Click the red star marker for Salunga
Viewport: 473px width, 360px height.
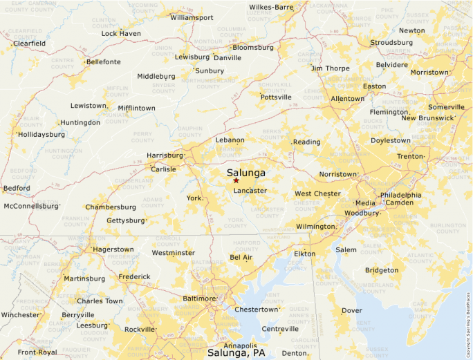pyautogui.click(x=236, y=180)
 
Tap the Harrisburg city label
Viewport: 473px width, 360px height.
pyautogui.click(x=165, y=155)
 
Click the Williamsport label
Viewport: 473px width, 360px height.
pyautogui.click(x=192, y=17)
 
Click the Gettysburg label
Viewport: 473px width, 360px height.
pyautogui.click(x=126, y=220)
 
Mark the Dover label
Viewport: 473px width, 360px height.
pyautogui.click(x=351, y=310)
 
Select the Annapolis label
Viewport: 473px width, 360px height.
pyautogui.click(x=240, y=345)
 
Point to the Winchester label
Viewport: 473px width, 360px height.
pyautogui.click(x=20, y=314)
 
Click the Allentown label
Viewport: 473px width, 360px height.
pyautogui.click(x=347, y=99)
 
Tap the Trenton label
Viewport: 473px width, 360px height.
pyautogui.click(x=410, y=156)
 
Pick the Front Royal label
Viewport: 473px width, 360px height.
pyautogui.click(x=37, y=352)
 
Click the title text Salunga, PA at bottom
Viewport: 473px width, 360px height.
pyautogui.click(x=236, y=353)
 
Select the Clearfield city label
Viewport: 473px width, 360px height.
pyautogui.click(x=29, y=43)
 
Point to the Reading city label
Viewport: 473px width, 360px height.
pyautogui.click(x=306, y=142)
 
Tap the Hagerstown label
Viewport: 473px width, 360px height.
pyautogui.click(x=113, y=249)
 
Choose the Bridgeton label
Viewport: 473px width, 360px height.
pyautogui.click(x=382, y=269)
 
